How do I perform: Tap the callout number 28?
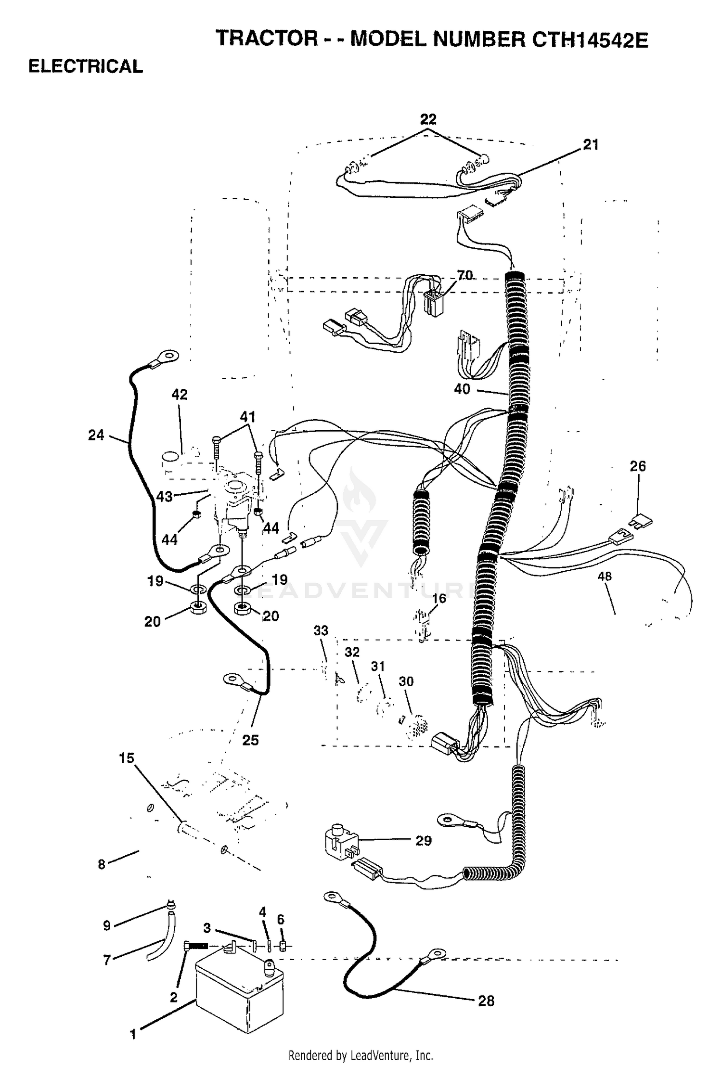[x=486, y=1001]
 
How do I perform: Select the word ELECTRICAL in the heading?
[x=86, y=66]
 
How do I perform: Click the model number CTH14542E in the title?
[x=590, y=39]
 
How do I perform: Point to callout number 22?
[x=428, y=119]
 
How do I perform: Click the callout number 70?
[x=464, y=275]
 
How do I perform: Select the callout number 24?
[x=96, y=435]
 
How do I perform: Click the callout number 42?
[x=180, y=394]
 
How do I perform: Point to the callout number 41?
[x=247, y=416]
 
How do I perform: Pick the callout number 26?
[x=638, y=466]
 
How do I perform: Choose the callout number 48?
[x=605, y=576]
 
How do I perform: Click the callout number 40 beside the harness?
[x=462, y=389]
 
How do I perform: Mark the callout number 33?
[x=321, y=630]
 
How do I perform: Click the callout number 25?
[x=250, y=740]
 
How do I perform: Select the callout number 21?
[x=591, y=144]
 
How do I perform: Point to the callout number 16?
[x=439, y=598]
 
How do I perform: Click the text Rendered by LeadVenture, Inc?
[x=361, y=1055]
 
